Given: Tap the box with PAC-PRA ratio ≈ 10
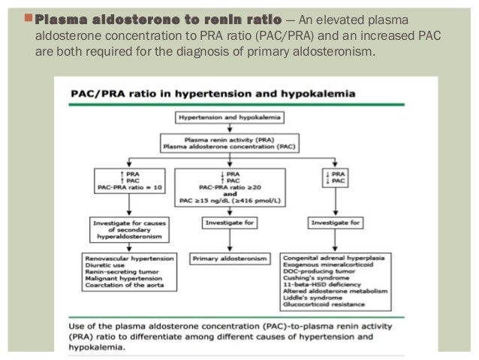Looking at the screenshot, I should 128,180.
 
